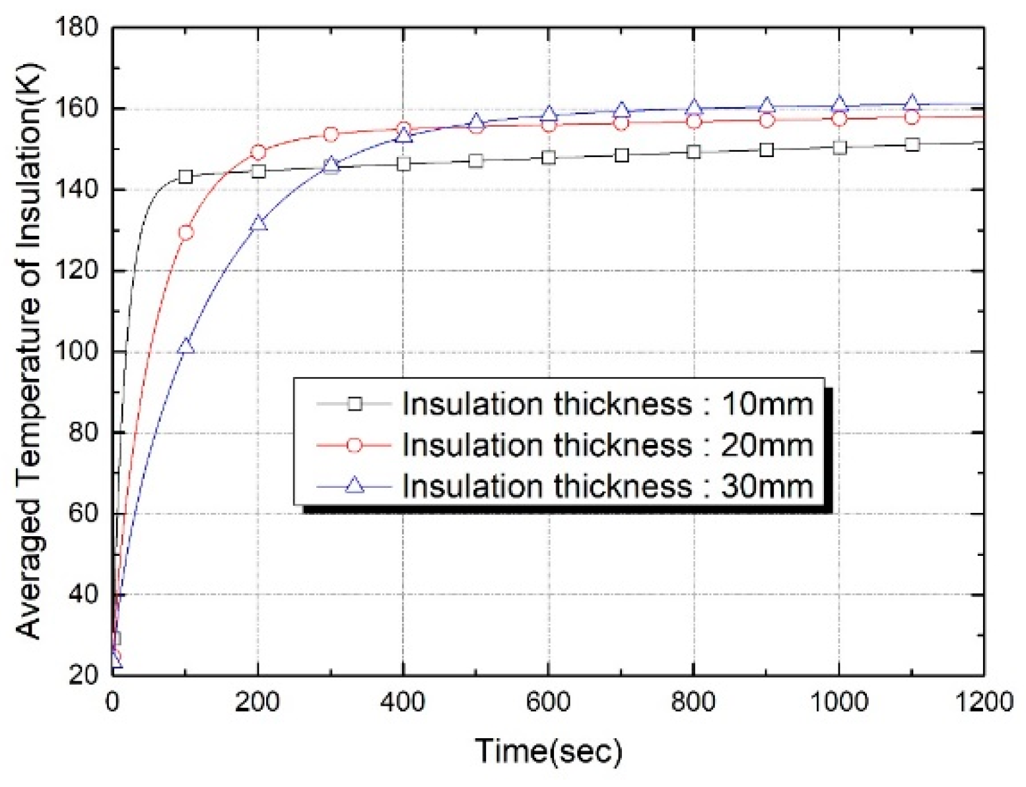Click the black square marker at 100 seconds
tap(186, 176)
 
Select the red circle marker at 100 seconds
tap(186, 232)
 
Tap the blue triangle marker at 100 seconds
tap(186, 346)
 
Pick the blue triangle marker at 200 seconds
tap(258, 224)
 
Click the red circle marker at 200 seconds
tap(258, 153)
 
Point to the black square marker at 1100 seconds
tap(912, 145)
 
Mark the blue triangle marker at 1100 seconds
tap(912, 103)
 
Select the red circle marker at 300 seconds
tap(331, 135)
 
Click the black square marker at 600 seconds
tap(549, 157)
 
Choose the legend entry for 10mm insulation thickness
tap(607, 403)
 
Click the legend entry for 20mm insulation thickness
tap(607, 445)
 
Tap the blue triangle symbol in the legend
tap(355, 486)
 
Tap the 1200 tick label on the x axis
tap(984, 702)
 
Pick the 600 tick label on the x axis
tap(549, 702)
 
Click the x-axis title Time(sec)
tap(549, 751)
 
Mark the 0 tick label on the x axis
tap(113, 702)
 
